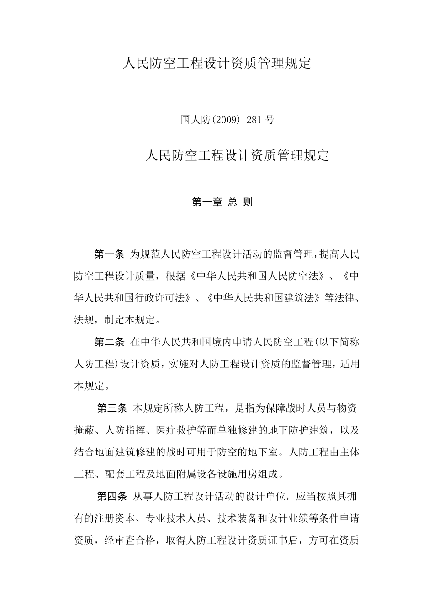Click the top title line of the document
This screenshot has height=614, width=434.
(217, 63)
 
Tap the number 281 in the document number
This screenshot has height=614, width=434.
(254, 120)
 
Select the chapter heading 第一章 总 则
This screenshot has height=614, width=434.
(222, 202)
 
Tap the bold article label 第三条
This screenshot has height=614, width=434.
(112, 408)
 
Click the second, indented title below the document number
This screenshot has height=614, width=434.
(237, 156)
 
